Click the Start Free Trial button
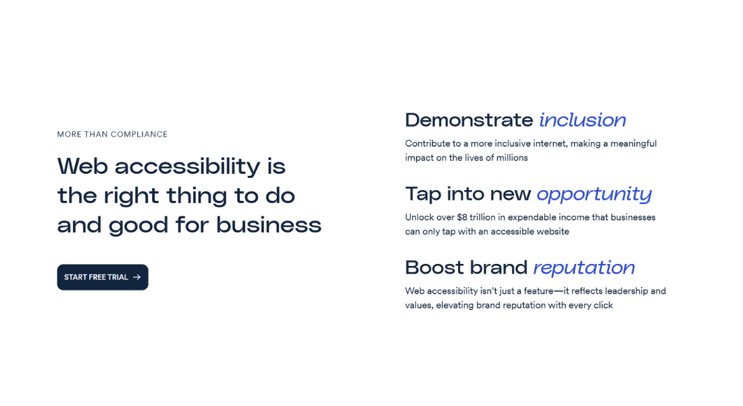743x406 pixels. pos(102,277)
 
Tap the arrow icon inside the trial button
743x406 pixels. pos(137,277)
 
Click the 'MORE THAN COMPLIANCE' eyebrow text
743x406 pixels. pos(112,134)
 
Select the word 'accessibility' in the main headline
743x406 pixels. pos(185,166)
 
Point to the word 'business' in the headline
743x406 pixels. pos(269,225)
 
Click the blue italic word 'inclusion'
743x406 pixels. pos(582,120)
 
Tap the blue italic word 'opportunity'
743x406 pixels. pos(594,194)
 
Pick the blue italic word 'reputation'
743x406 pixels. pos(584,268)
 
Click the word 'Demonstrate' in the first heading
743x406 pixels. pos(469,120)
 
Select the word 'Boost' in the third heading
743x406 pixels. pos(433,268)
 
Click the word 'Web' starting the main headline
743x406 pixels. pos(82,166)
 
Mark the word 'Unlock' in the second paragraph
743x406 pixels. pos(419,217)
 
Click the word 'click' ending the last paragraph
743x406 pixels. pos(602,305)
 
